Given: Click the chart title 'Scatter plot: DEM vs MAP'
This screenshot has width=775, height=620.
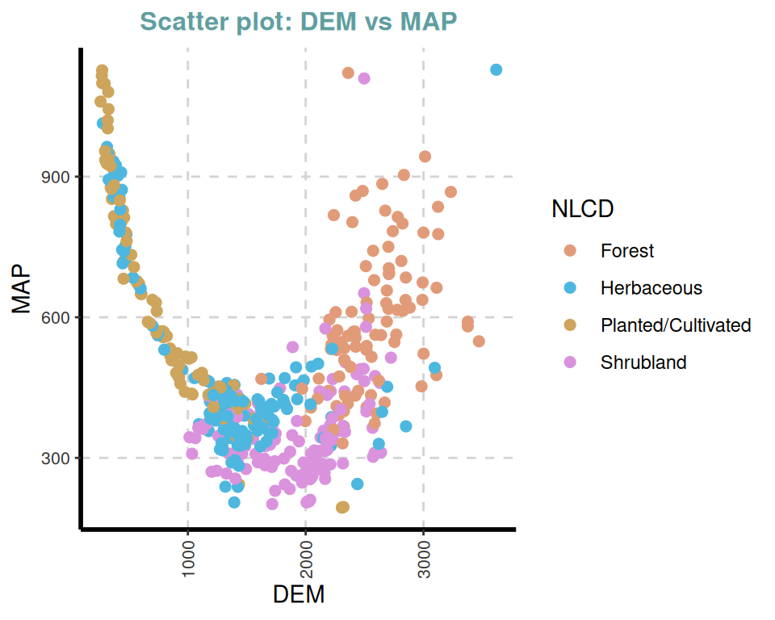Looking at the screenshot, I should [x=298, y=22].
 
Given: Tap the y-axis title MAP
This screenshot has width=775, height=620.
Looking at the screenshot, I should [x=22, y=288].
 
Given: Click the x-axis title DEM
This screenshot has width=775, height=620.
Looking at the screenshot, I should [x=299, y=595].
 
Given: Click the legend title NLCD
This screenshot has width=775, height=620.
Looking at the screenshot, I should [x=582, y=209].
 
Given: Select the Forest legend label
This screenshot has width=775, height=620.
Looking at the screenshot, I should [x=627, y=251].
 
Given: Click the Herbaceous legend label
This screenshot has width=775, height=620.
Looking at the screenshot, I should [x=651, y=288].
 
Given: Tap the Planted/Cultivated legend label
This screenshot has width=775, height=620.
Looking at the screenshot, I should [x=676, y=325].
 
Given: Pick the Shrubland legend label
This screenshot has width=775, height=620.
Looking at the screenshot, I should [x=643, y=362].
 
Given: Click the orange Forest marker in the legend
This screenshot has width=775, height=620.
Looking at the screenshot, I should [x=570, y=251].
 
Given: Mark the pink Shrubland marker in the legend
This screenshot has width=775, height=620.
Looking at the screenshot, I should [x=570, y=362].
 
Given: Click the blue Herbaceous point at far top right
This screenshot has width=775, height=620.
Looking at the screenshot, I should [x=496, y=70].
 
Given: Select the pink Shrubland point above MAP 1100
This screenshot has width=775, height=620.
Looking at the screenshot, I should [x=364, y=78].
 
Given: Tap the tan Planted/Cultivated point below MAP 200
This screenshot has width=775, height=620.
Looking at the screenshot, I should [x=342, y=507].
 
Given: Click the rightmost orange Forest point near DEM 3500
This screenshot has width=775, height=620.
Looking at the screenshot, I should [x=479, y=341].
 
